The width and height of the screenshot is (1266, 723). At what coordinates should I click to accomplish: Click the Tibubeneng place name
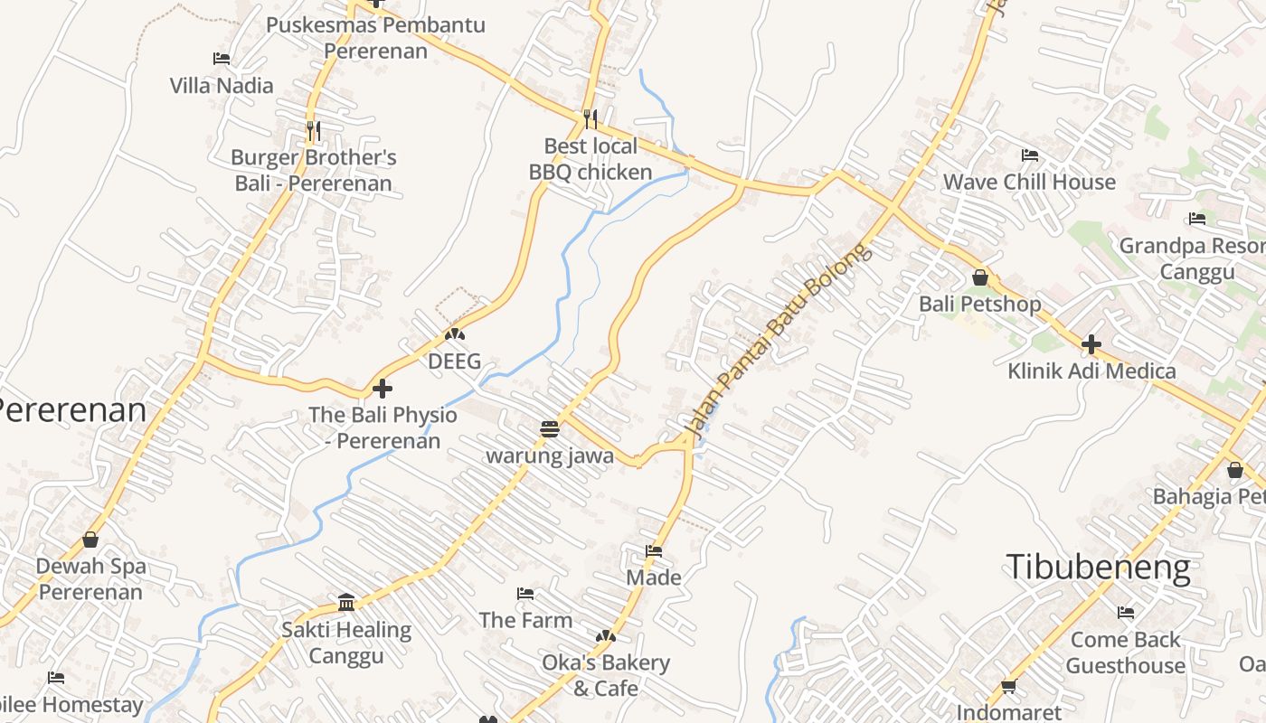[x=1099, y=568]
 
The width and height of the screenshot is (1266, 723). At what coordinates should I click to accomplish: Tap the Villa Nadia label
[x=222, y=86]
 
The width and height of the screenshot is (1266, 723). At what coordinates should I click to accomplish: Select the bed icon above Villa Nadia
[x=222, y=59]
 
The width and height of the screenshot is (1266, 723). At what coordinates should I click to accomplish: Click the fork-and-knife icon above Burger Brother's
[x=313, y=131]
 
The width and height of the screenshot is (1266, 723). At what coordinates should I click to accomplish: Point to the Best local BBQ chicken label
[x=590, y=159]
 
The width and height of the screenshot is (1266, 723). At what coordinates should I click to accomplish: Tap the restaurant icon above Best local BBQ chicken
[x=590, y=118]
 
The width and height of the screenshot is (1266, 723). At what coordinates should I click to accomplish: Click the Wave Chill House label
[x=1029, y=182]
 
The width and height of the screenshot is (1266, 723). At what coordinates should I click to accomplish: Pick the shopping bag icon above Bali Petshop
[x=980, y=277]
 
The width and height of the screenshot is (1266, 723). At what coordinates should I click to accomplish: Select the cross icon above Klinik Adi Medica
[x=1091, y=344]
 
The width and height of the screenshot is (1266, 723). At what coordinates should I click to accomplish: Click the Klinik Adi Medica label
[x=1091, y=371]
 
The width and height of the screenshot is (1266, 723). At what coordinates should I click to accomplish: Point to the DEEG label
[x=455, y=361]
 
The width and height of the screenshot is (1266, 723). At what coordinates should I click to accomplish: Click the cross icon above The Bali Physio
[x=383, y=389]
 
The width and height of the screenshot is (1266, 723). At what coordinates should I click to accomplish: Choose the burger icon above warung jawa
[x=550, y=428]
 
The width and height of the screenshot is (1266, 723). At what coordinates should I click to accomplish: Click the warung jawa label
[x=550, y=455]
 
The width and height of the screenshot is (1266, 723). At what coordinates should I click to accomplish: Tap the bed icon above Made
[x=654, y=551]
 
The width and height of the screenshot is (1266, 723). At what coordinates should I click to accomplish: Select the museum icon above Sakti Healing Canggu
[x=346, y=603]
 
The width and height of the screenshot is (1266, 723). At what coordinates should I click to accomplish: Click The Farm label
[x=525, y=620]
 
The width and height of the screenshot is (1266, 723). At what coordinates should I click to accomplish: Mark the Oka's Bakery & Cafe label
[x=606, y=675]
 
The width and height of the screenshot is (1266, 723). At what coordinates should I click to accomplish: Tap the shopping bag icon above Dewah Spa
[x=90, y=540]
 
